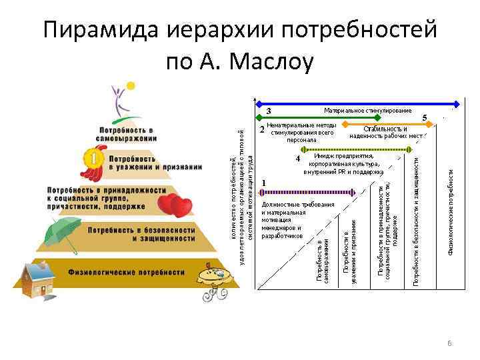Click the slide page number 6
click(x=449, y=343)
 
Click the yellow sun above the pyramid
click(x=131, y=86)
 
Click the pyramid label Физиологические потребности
click(x=126, y=272)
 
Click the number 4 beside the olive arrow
click(x=298, y=159)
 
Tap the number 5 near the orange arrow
click(x=425, y=117)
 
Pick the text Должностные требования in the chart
click(x=297, y=205)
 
